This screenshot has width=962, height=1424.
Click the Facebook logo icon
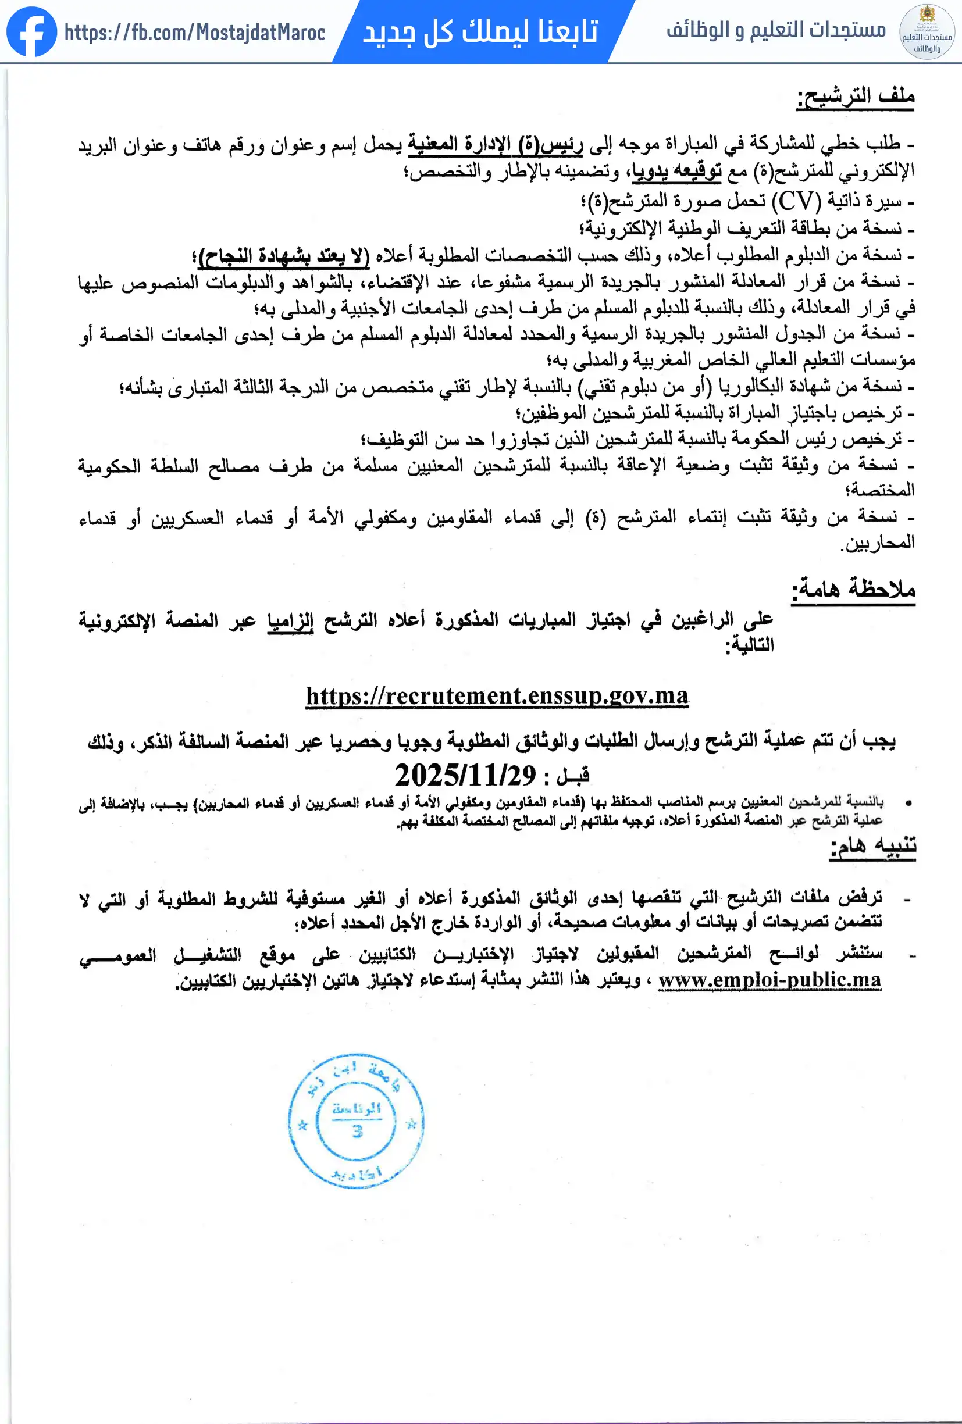(x=31, y=31)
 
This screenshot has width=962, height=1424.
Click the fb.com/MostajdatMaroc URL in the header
(x=194, y=32)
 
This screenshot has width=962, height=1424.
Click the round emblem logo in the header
(x=927, y=31)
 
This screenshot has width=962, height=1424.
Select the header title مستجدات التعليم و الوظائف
(x=776, y=30)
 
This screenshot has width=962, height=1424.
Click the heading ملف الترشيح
(x=856, y=96)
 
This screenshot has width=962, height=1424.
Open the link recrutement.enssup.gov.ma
(x=497, y=696)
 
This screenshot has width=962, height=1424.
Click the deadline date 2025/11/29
(x=465, y=776)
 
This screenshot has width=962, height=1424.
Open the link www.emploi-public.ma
(x=769, y=980)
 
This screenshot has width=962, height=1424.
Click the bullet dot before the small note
(x=908, y=802)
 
